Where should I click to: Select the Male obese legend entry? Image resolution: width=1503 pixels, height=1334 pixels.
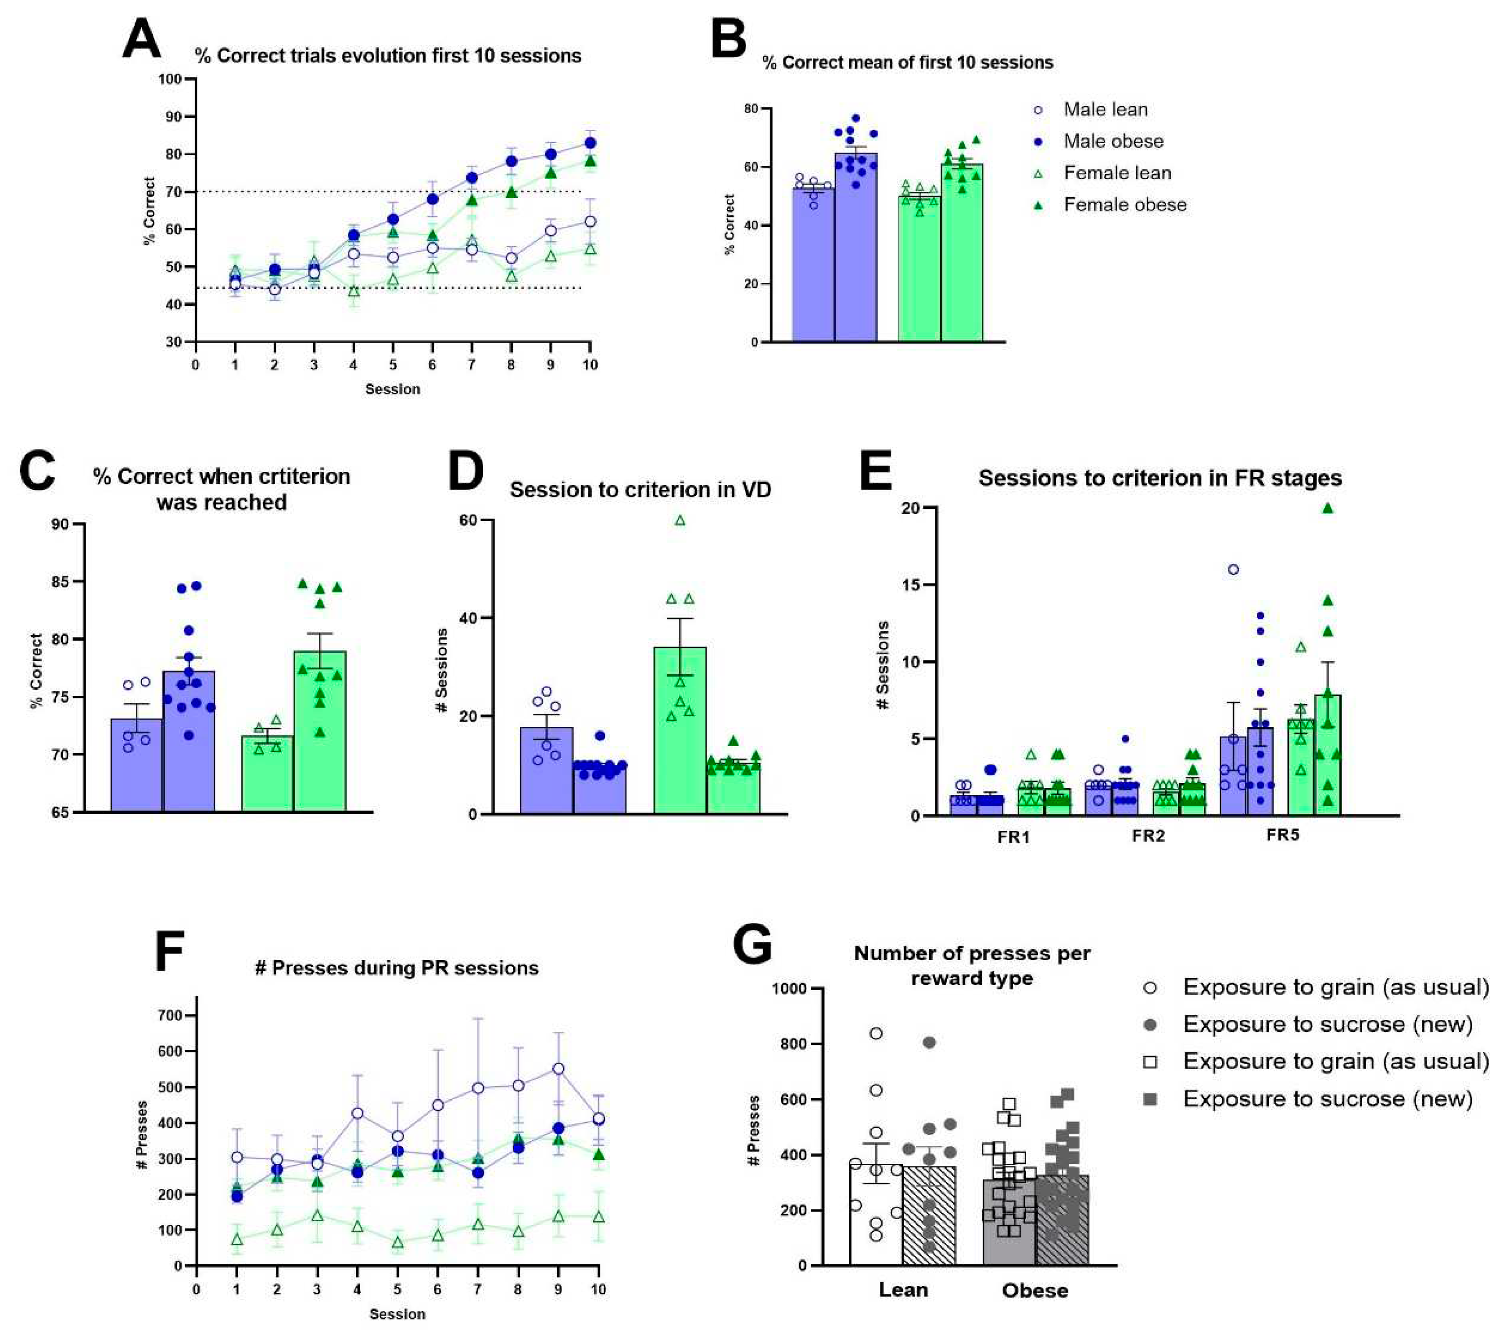(1113, 141)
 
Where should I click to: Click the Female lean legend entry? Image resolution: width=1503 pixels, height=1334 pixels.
(1116, 173)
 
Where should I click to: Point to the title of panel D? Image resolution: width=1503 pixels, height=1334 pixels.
(640, 490)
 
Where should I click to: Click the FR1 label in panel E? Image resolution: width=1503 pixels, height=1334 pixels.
(1013, 837)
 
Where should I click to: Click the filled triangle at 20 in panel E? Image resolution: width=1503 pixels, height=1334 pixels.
(1328, 508)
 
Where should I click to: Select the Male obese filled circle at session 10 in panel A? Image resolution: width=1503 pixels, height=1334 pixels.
(590, 143)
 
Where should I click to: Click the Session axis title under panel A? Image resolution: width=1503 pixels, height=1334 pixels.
(393, 389)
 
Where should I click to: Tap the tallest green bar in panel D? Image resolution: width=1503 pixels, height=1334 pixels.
(680, 728)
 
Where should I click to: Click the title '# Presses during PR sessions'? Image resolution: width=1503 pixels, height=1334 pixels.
(397, 968)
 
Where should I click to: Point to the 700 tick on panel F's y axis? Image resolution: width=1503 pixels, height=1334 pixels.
(174, 1016)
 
